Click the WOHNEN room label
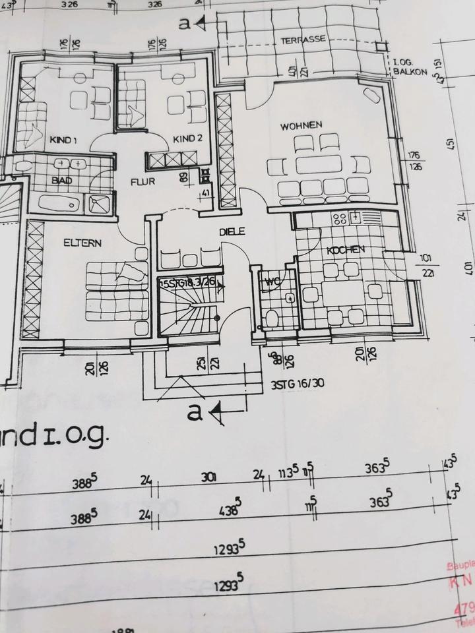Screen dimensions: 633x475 300,125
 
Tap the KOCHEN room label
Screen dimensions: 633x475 344,250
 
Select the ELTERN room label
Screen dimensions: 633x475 82,243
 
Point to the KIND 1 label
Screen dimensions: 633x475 63,139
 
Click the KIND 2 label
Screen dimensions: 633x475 187,138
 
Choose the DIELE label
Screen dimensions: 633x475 232,231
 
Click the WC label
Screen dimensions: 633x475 273,283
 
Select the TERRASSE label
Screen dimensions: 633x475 303,40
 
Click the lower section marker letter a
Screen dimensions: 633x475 194,413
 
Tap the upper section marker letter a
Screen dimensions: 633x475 185,24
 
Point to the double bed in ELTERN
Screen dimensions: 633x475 117,290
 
